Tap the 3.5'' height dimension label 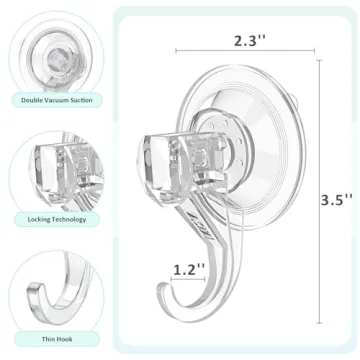(340, 171)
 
